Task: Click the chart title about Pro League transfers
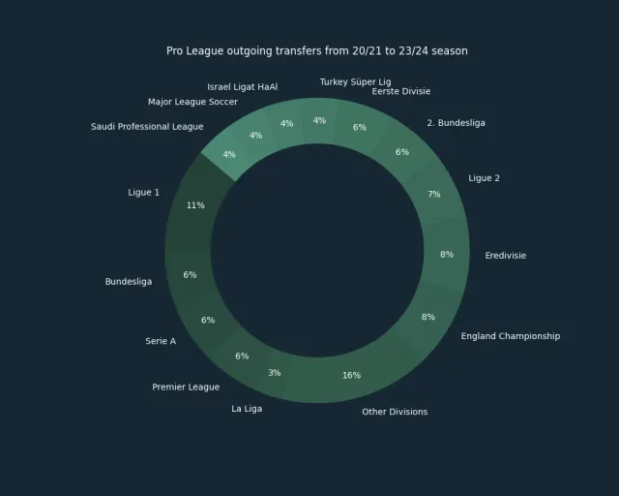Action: click(317, 51)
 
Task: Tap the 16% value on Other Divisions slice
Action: click(351, 375)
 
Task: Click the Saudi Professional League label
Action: click(147, 127)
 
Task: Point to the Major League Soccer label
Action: click(192, 102)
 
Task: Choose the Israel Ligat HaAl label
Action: click(243, 87)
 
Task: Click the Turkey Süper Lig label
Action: click(355, 82)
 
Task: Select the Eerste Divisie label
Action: click(401, 91)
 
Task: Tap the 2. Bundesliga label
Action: click(456, 123)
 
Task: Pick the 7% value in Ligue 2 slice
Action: click(434, 194)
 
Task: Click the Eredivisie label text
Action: click(505, 256)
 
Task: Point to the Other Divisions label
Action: click(395, 412)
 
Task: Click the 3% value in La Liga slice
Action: click(275, 373)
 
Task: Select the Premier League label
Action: click(186, 387)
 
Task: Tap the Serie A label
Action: click(161, 341)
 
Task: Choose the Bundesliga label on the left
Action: click(129, 282)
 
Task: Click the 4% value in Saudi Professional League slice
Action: click(229, 154)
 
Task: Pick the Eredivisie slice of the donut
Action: click(447, 255)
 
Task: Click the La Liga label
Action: click(247, 409)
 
